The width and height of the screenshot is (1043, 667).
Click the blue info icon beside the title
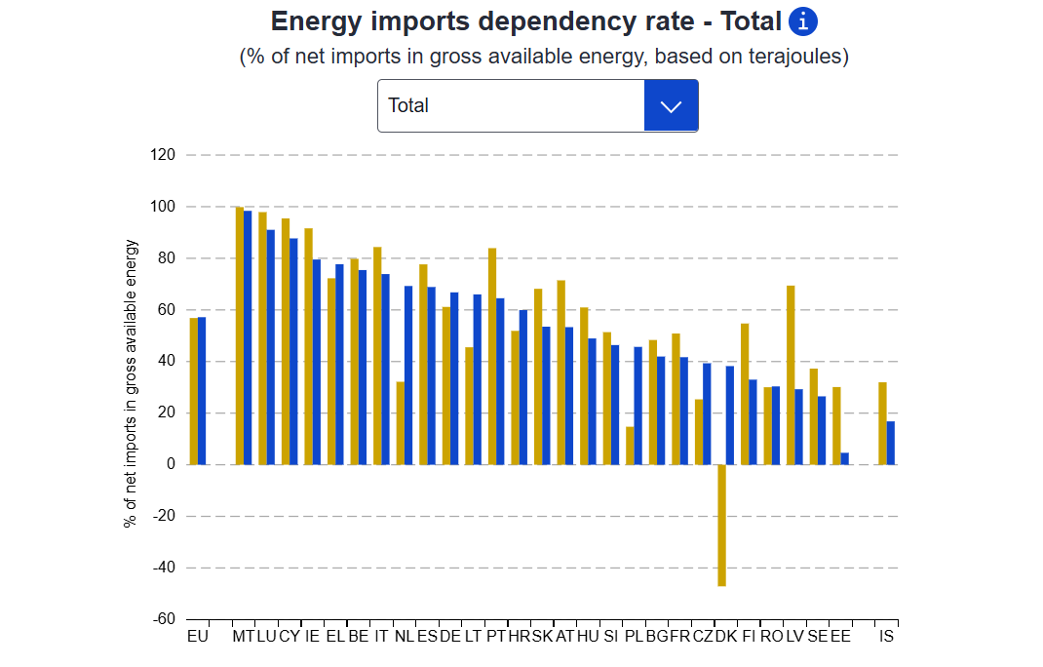(x=802, y=20)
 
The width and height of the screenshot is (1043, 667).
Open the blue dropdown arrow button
(x=671, y=105)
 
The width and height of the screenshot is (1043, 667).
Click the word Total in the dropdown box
(x=408, y=105)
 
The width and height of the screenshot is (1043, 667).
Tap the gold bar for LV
(x=791, y=375)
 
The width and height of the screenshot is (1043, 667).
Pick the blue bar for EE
(x=845, y=458)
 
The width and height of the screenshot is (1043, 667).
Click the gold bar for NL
(x=400, y=423)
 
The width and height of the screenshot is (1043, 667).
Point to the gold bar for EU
(x=194, y=391)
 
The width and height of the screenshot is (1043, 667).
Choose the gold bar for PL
(x=630, y=446)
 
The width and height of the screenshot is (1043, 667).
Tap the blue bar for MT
(x=248, y=337)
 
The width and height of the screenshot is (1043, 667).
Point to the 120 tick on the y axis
(x=163, y=155)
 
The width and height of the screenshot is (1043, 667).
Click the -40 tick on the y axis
(x=162, y=568)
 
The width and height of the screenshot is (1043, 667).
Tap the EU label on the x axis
(x=197, y=637)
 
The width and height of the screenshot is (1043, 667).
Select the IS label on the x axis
(x=886, y=637)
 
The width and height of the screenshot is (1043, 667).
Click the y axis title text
(x=131, y=383)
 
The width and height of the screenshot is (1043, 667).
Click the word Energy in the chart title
(x=317, y=21)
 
